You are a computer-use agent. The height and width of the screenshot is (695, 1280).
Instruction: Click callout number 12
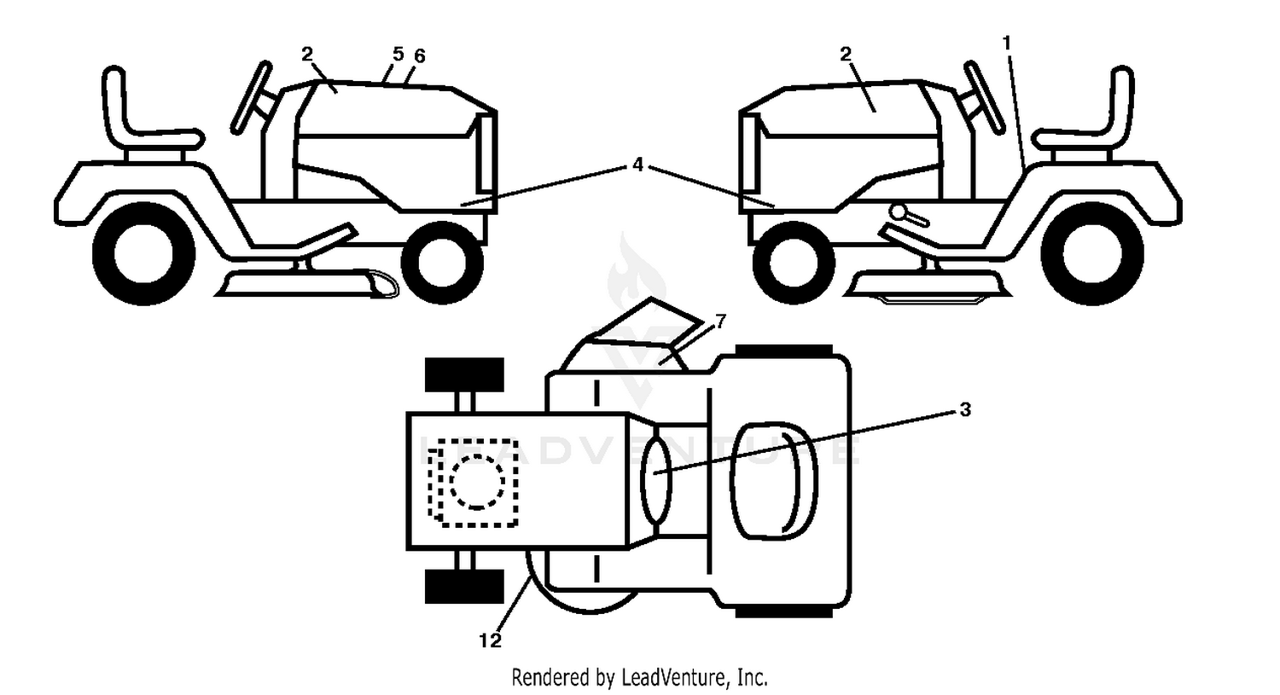click(x=490, y=640)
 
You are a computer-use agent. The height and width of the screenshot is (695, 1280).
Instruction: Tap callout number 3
click(x=964, y=409)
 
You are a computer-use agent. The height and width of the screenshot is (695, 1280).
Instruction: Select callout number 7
click(x=720, y=321)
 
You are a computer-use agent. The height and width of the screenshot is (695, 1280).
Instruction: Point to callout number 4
click(x=637, y=165)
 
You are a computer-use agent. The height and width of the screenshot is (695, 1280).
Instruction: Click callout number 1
click(x=1007, y=43)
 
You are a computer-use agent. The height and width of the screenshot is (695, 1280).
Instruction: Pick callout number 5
click(x=399, y=55)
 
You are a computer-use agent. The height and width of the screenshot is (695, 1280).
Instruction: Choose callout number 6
click(x=420, y=56)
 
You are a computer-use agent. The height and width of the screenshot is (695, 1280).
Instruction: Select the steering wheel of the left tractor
click(x=252, y=97)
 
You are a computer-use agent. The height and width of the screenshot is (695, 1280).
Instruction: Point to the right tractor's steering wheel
click(x=985, y=97)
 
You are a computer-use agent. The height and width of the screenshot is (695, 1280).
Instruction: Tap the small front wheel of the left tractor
click(x=442, y=263)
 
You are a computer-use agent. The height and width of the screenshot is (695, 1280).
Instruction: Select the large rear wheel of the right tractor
click(x=1092, y=253)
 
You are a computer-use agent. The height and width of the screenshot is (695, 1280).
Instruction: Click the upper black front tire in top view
click(x=464, y=374)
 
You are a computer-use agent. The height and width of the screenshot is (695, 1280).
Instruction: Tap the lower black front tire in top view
click(x=464, y=587)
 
